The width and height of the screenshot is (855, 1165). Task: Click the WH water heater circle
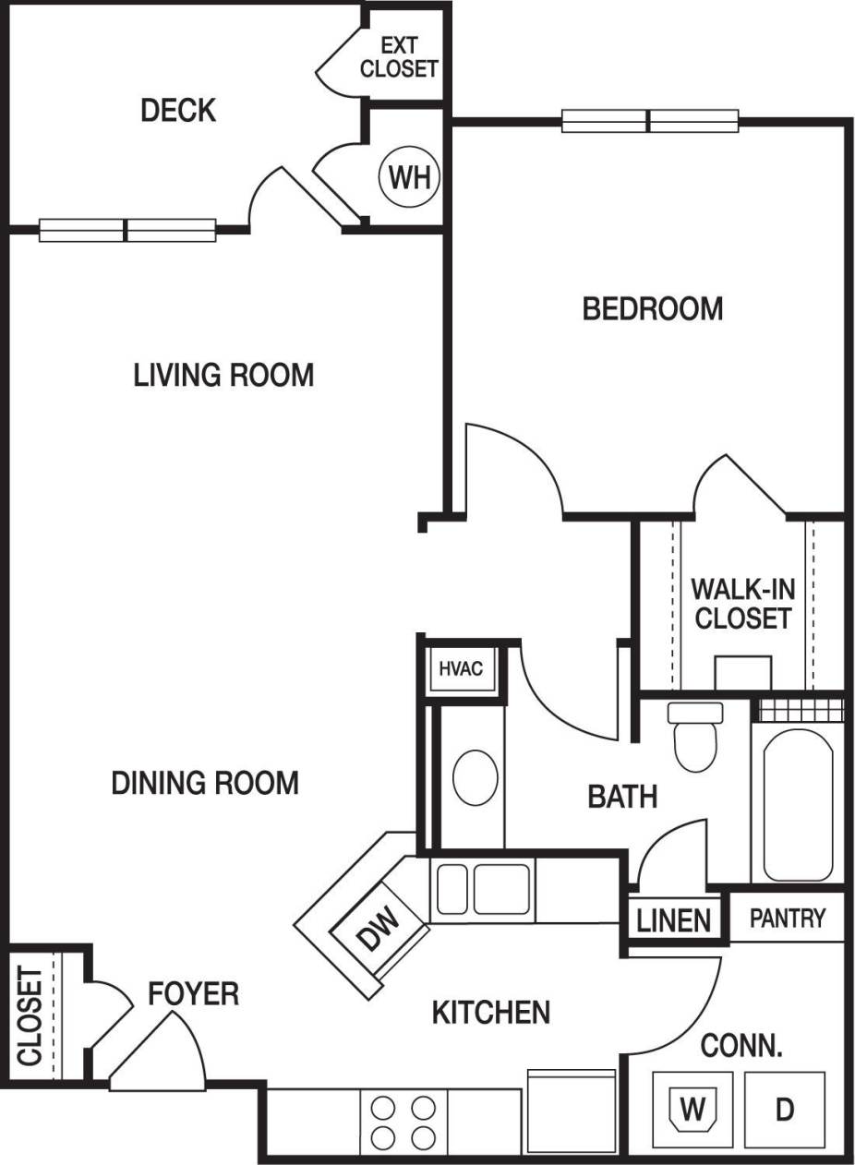[409, 176]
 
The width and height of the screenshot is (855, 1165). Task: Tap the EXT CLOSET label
[399, 57]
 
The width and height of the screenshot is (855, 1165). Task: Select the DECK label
[178, 111]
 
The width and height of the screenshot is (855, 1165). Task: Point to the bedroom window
[650, 121]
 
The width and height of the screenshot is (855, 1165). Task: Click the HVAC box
[460, 668]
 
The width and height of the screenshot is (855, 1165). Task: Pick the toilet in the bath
[695, 738]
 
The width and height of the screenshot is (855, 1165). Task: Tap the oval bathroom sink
[476, 776]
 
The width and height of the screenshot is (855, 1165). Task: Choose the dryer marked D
[784, 1109]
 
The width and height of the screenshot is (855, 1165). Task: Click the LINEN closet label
[674, 920]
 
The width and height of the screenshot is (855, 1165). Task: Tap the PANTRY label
[787, 919]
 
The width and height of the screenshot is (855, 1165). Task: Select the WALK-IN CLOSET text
[742, 603]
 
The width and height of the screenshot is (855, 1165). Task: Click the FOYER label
[194, 993]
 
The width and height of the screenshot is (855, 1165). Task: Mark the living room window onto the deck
[127, 230]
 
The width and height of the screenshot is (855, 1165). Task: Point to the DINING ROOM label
[205, 783]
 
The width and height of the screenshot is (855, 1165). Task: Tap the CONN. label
[741, 1047]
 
